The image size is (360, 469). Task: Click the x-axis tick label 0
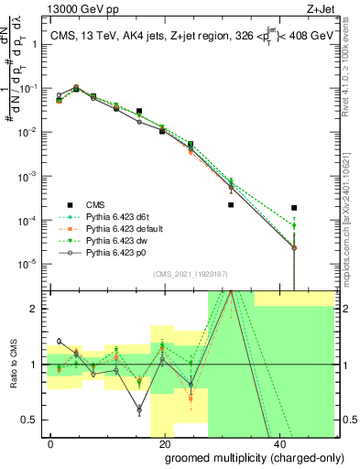(x=50, y=442)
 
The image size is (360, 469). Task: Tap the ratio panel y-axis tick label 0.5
(x=31, y=420)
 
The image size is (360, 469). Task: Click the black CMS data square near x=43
(x=294, y=208)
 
